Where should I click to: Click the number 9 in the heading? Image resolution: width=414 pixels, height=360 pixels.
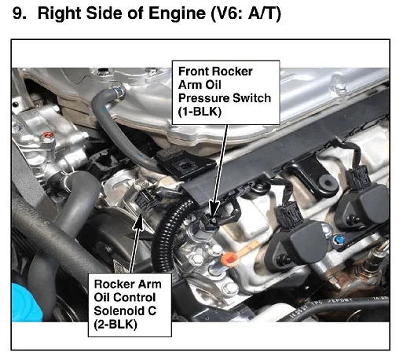(x=18, y=13)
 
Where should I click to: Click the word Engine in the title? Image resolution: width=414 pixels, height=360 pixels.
(x=178, y=13)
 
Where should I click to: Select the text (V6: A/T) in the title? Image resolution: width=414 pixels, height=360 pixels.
(x=246, y=13)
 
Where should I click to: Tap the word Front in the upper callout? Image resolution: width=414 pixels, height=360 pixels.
(x=193, y=72)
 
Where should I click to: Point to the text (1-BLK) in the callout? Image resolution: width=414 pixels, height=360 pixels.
(x=200, y=112)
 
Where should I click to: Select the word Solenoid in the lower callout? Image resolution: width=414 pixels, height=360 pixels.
(x=119, y=310)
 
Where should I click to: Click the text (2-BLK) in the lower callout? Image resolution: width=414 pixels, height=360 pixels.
(x=115, y=325)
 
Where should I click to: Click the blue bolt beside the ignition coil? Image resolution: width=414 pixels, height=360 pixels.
(x=339, y=240)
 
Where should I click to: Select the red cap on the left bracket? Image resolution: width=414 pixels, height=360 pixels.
(x=49, y=135)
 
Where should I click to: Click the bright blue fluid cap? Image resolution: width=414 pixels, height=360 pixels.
(x=27, y=303)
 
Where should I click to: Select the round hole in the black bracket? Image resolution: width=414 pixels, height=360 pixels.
(x=327, y=182)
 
